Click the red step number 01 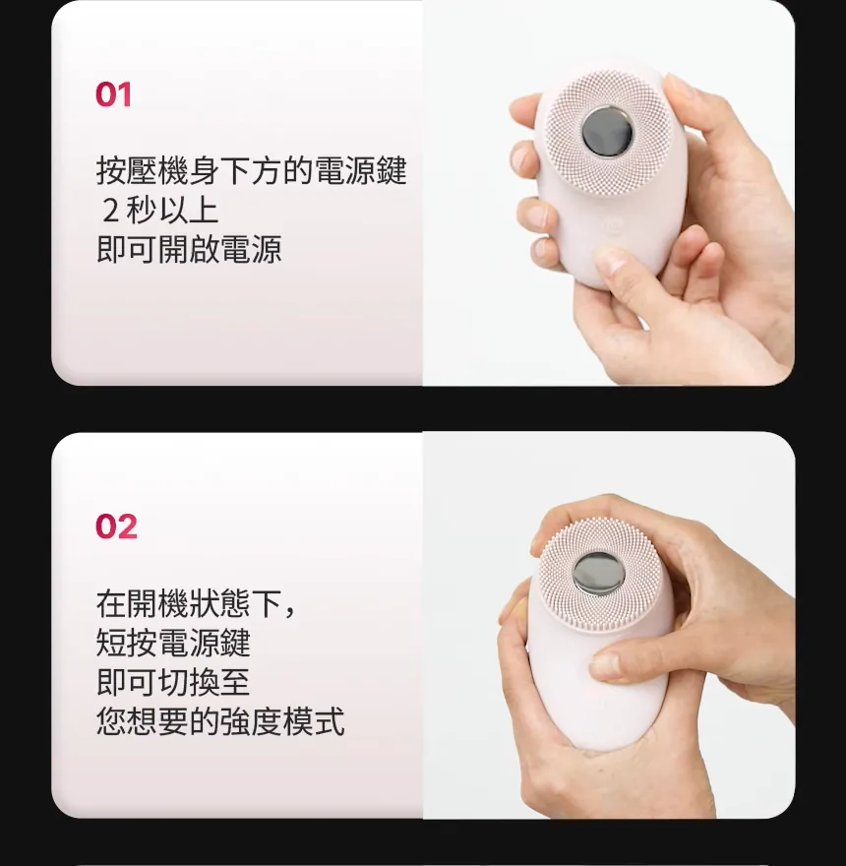point(113,94)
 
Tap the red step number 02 point(116,526)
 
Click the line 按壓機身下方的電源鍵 point(251,170)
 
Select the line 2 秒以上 point(160,210)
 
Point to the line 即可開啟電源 point(189,249)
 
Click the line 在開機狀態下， point(196,603)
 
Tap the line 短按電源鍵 point(173,643)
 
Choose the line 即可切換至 point(173,682)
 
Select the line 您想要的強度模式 point(220,721)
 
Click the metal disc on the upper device point(607,133)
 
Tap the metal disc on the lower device point(599,574)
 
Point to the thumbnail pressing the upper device point(609,259)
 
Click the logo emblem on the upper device point(614,227)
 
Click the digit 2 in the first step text point(110,211)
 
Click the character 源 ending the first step point(267,249)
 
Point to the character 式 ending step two point(330,721)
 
